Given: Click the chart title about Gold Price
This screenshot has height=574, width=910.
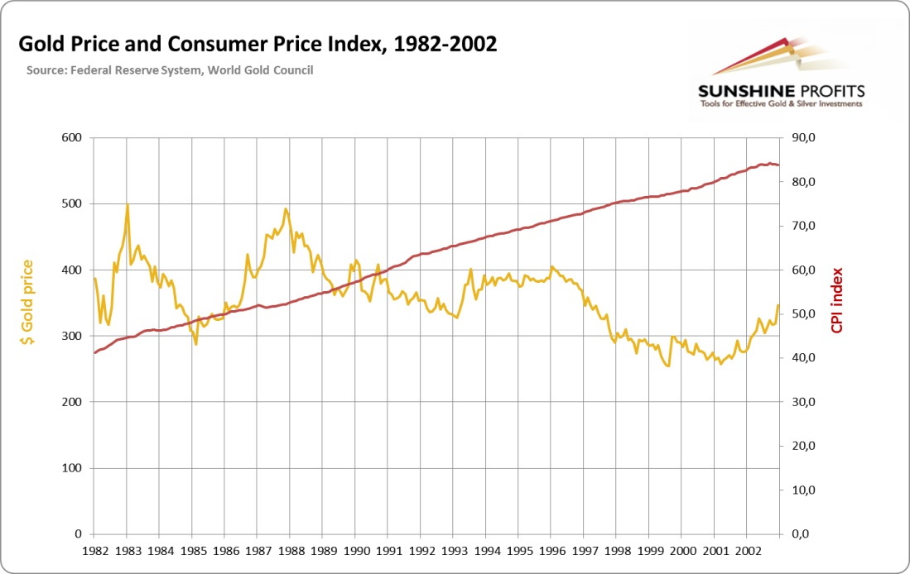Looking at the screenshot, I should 258,44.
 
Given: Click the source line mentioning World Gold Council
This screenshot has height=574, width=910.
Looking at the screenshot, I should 170,70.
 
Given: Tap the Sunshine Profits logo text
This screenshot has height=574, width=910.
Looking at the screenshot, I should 781,90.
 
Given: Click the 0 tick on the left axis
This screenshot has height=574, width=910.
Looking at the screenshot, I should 78,534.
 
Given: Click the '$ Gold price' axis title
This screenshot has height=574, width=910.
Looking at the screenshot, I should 27,301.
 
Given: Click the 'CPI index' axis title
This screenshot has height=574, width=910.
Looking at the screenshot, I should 837,299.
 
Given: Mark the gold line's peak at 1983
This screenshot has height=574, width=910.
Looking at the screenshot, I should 128,204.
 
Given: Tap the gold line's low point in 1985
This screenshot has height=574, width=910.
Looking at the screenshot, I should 196,344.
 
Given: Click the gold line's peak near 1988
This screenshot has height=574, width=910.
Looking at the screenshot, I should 286,208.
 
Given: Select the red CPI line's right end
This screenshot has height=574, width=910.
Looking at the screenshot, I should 778,165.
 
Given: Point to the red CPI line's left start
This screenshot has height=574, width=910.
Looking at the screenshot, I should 94,353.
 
